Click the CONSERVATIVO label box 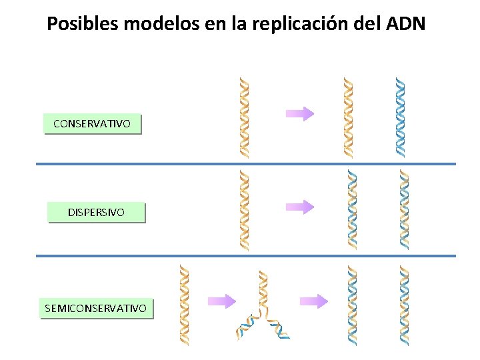point(92,123)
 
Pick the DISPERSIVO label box point(96,212)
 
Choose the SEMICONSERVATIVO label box point(96,308)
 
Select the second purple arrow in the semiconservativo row point(314,301)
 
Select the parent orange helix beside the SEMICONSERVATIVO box point(185,305)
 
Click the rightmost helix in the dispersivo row point(404,209)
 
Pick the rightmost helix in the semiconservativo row point(404,305)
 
